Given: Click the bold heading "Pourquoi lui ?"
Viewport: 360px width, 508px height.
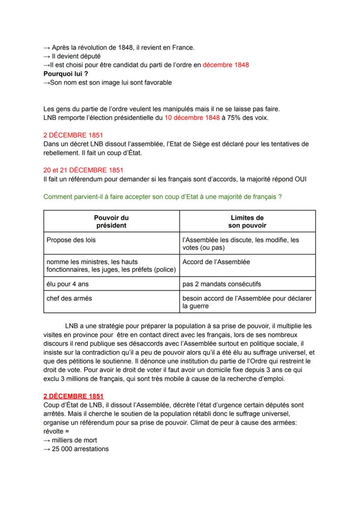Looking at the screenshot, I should tap(66, 73).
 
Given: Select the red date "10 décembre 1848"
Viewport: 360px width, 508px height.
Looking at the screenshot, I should tap(192, 118).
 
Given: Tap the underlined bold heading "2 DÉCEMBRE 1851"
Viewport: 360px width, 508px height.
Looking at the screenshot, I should tap(73, 396).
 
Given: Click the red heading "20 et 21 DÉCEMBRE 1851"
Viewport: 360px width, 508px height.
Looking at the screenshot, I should tap(83, 170).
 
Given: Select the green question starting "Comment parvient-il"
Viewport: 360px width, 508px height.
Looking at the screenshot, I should tap(162, 197).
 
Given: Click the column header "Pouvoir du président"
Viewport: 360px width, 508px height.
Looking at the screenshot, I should tap(111, 221).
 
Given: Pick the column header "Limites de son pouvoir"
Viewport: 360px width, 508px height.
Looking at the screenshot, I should tap(247, 221).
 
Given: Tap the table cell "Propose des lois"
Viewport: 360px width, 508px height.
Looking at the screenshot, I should tap(71, 240).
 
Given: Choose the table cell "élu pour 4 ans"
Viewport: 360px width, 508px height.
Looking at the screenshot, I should tap(68, 284).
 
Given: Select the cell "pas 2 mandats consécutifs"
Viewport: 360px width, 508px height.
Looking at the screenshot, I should tap(222, 284).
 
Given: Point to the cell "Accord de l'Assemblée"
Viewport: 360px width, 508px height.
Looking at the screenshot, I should tap(216, 262).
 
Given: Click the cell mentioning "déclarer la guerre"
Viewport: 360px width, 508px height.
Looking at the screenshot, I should tap(247, 302).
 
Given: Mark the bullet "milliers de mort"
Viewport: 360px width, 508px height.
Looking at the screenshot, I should tap(74, 440).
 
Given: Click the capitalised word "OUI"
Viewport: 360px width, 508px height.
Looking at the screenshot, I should tap(300, 179).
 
